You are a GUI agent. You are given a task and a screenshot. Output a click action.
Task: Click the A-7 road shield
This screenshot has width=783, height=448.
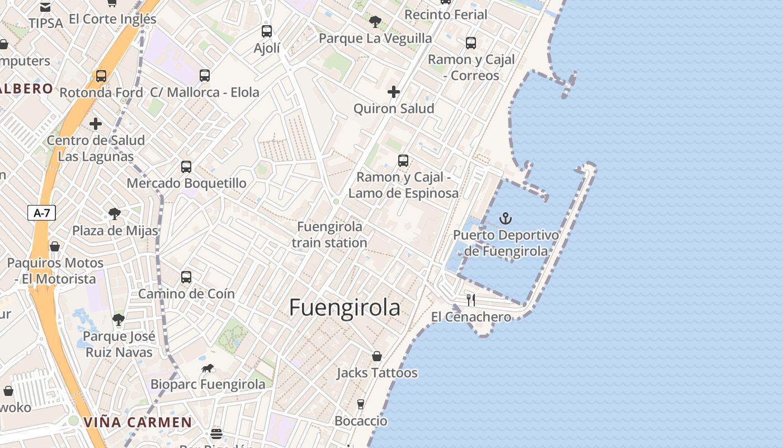click(41, 213)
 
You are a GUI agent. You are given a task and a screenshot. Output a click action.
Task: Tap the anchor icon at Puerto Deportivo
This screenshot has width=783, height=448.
click(506, 218)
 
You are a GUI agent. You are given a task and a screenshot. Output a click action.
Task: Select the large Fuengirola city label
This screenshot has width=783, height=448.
click(345, 308)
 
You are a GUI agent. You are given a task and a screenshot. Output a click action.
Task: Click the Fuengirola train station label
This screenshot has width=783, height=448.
click(329, 235)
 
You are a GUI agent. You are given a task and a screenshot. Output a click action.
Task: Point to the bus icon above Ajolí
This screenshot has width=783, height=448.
click(267, 31)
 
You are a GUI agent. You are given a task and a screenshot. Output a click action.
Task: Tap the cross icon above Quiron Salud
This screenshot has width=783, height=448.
click(394, 92)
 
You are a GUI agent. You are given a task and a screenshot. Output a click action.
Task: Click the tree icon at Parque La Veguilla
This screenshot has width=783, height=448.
click(375, 22)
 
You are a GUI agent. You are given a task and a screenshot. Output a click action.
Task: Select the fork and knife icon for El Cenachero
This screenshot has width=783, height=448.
click(471, 300)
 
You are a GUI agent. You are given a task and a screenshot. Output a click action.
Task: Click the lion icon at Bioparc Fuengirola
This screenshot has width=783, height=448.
click(207, 368)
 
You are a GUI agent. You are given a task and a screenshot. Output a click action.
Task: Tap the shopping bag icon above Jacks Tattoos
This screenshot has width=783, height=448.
click(377, 356)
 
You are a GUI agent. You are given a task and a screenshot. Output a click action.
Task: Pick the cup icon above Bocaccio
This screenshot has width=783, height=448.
click(361, 404)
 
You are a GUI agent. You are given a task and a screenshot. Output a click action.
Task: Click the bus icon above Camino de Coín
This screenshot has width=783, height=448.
click(186, 277)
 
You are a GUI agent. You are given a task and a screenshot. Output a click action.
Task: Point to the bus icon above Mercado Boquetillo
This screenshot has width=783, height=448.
click(186, 167)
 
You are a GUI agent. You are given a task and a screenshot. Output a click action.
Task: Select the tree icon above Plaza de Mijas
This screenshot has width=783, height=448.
click(115, 214)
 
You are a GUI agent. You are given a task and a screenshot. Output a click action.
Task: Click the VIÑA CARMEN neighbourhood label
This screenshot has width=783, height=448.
click(138, 422)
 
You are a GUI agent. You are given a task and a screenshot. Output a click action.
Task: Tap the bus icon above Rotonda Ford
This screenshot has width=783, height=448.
click(101, 76)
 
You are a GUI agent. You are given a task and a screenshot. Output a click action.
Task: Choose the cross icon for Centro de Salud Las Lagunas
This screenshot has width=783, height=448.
click(96, 124)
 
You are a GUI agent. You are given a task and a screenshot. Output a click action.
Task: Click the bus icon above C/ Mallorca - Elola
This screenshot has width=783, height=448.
click(205, 76)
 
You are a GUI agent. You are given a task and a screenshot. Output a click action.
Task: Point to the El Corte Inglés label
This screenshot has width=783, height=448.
click(112, 19)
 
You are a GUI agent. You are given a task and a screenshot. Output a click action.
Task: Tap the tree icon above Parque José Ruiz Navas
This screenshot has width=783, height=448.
click(118, 320)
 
